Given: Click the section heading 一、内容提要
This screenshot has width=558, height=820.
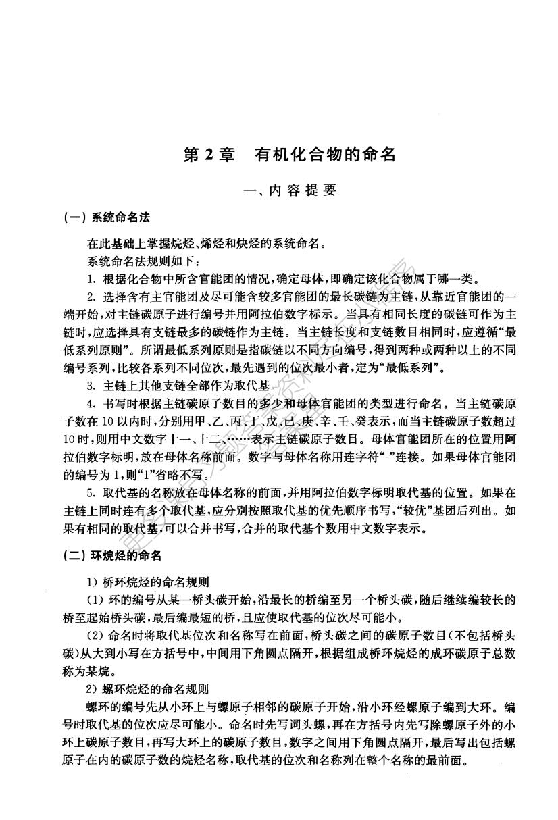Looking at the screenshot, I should [x=290, y=190].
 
